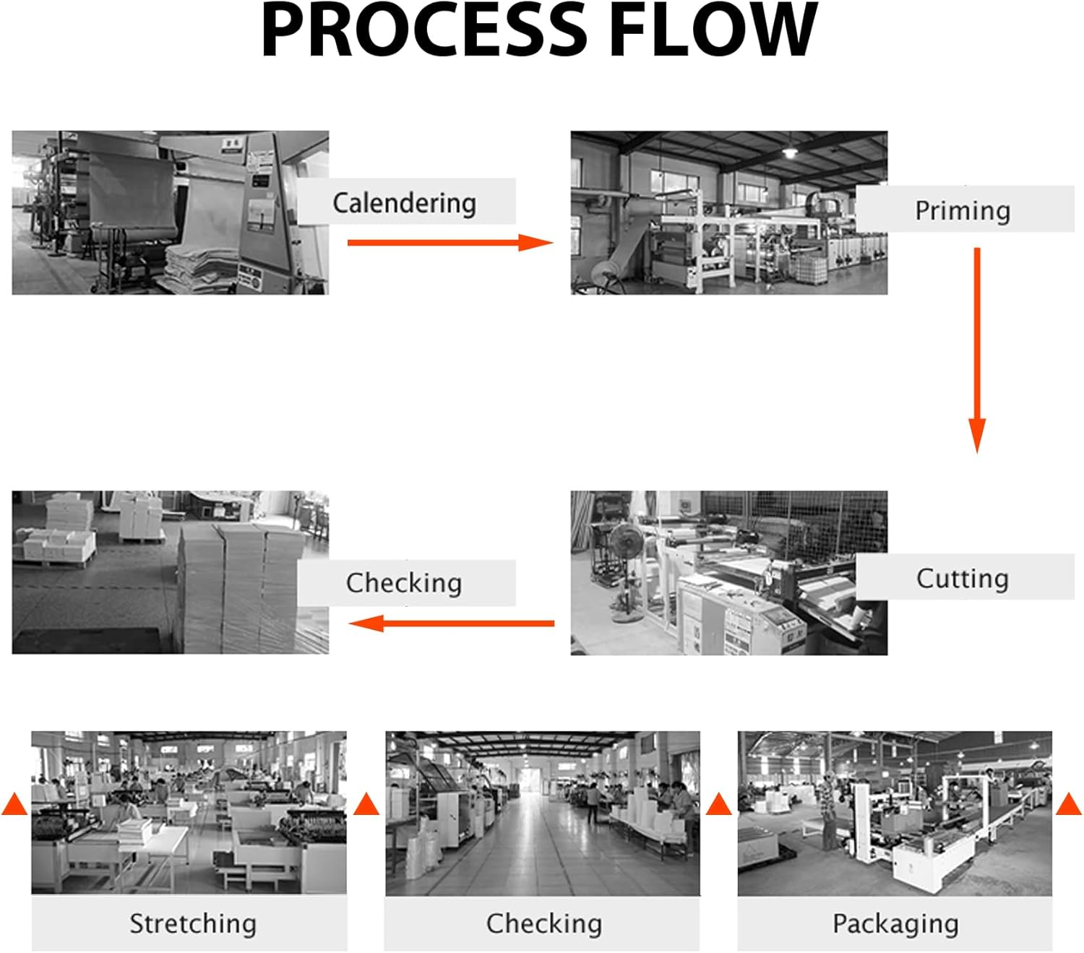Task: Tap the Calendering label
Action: click(x=405, y=202)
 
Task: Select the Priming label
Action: click(x=963, y=210)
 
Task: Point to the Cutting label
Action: click(x=963, y=578)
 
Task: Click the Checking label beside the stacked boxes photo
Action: click(x=404, y=582)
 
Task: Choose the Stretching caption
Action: click(x=193, y=923)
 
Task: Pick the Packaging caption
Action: click(x=895, y=923)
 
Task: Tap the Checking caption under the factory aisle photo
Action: click(x=543, y=923)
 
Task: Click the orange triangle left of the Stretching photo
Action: click(x=14, y=804)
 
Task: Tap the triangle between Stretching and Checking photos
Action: click(x=366, y=804)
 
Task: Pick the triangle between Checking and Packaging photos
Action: click(x=719, y=804)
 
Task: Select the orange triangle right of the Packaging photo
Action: click(x=1069, y=804)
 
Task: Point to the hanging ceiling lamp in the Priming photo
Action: click(x=791, y=150)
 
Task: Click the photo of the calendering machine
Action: click(x=170, y=212)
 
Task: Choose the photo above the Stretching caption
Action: click(x=189, y=812)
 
